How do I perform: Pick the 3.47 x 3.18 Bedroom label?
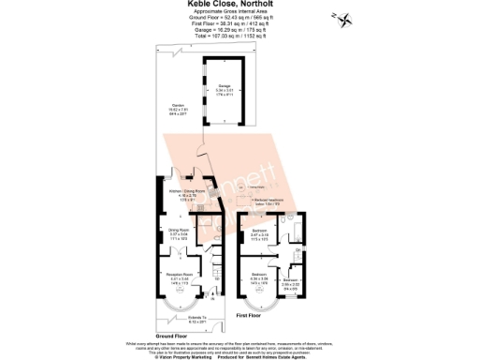pos(261,234)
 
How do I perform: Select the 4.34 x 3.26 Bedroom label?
pos(261,277)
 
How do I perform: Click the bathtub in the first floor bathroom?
pos(294,232)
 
